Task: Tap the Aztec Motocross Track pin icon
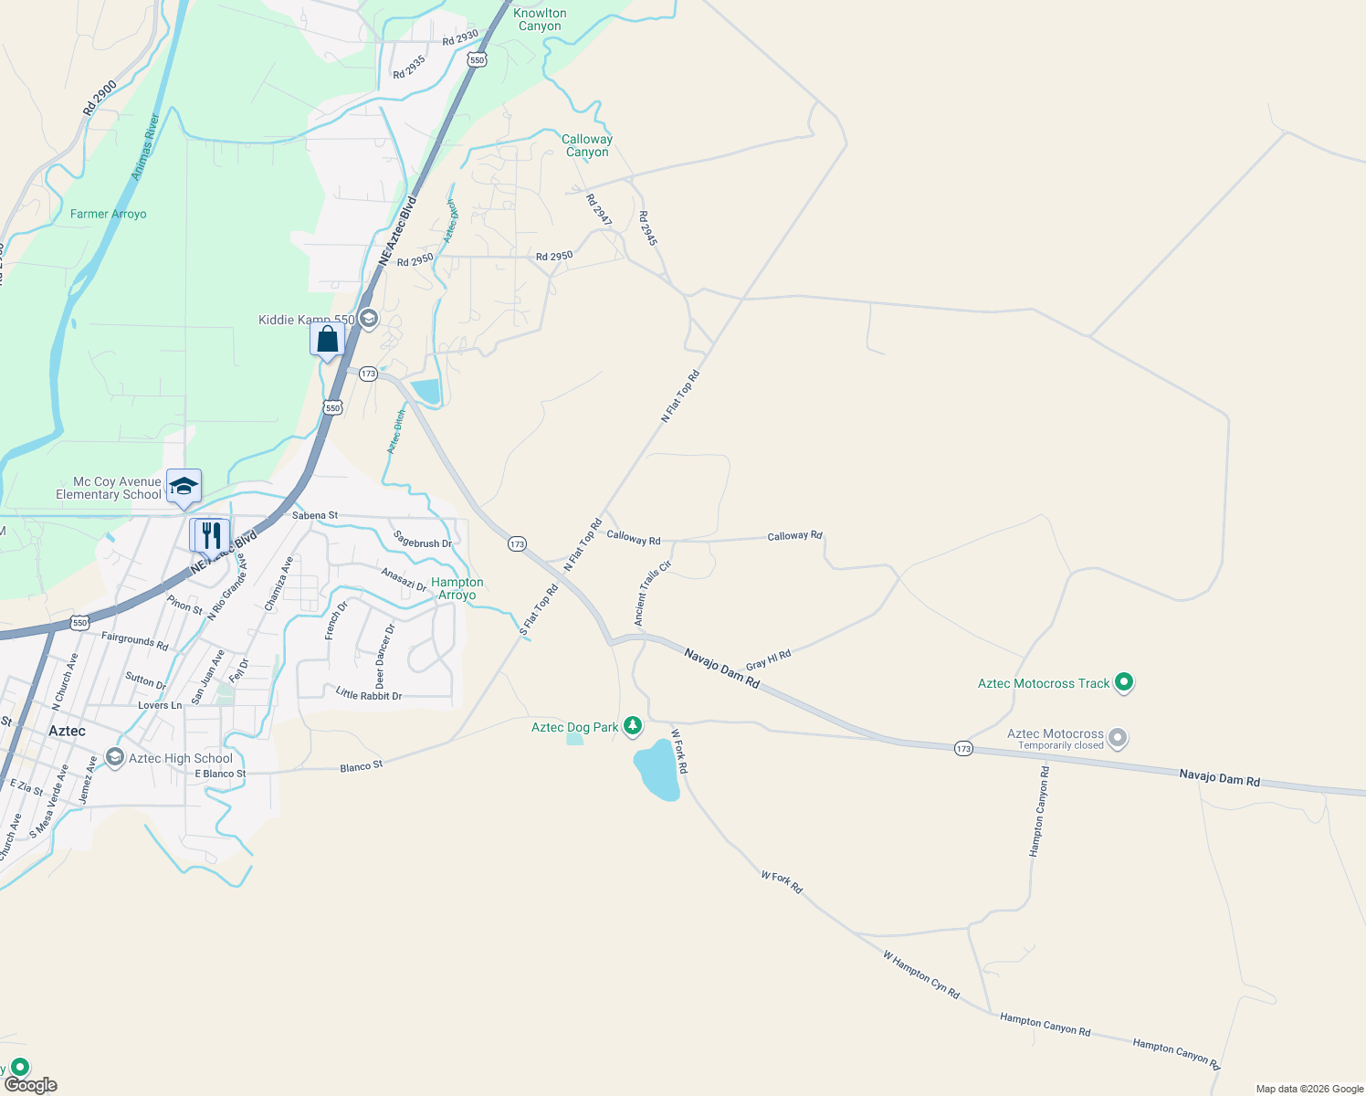coord(1124,682)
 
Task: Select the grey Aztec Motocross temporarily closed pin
coord(1117,738)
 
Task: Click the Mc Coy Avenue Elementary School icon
coord(184,487)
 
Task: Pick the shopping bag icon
coord(327,339)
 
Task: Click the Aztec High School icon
coord(115,757)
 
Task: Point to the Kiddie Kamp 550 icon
coord(368,319)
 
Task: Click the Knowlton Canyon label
coord(540,19)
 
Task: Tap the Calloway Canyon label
coord(587,145)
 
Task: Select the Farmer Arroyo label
coord(108,214)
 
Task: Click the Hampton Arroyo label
coord(457,588)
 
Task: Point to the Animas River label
coord(145,146)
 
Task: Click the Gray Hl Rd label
coord(768,659)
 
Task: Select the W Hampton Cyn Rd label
coord(920,974)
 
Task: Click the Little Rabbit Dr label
coord(368,694)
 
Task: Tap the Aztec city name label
coord(67,731)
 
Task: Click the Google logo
coord(30,1084)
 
